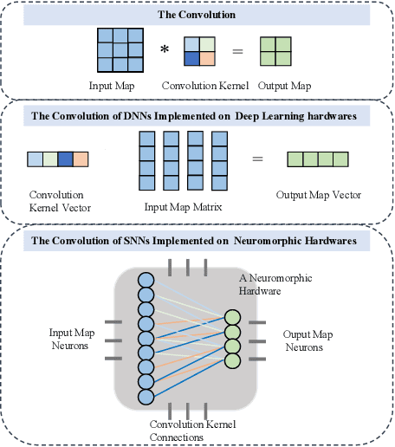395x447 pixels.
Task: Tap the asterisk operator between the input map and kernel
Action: click(164, 50)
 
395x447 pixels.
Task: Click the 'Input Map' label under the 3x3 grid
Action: click(113, 86)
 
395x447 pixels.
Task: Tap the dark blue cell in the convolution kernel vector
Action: click(65, 159)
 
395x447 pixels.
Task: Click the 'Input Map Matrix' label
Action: click(183, 207)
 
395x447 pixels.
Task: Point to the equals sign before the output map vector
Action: click(256, 159)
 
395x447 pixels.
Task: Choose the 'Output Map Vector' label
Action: click(319, 195)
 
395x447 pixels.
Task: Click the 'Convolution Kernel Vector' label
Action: click(58, 201)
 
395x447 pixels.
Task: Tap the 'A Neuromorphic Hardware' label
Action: click(275, 284)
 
